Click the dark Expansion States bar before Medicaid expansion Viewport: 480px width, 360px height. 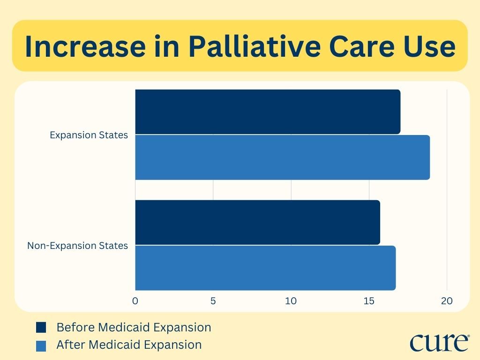(268, 112)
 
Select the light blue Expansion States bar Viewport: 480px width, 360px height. (282, 157)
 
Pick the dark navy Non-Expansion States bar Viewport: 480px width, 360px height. (257, 222)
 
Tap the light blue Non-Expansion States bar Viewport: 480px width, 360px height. (265, 268)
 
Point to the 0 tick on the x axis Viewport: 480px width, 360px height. (135, 301)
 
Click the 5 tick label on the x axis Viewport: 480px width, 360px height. (213, 301)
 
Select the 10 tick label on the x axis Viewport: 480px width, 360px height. (291, 301)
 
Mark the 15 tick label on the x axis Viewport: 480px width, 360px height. (369, 301)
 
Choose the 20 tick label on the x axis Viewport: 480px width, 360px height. (447, 301)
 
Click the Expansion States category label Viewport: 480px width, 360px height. (89, 135)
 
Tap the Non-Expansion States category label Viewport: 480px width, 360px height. (77, 246)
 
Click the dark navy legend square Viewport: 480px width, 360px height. (41, 327)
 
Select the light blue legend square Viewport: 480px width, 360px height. (41, 345)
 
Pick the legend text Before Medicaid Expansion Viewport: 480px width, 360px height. (134, 327)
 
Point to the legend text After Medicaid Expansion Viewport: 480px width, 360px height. (129, 345)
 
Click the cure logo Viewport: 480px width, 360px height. (439, 343)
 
